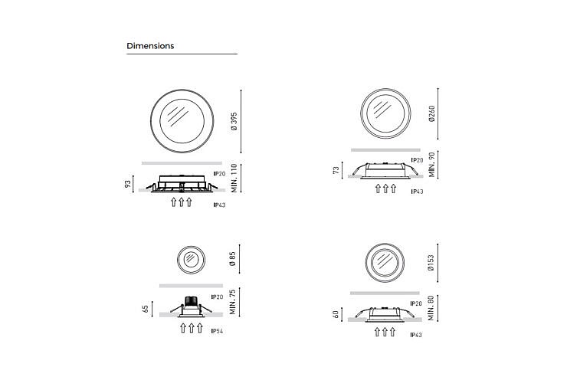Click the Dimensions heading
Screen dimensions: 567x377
click(x=150, y=46)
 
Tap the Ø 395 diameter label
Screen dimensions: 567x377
click(x=234, y=121)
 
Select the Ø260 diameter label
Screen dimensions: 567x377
click(x=431, y=113)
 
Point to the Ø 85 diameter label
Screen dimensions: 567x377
click(x=232, y=259)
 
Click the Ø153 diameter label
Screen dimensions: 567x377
click(x=431, y=263)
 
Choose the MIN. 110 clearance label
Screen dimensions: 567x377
click(x=234, y=179)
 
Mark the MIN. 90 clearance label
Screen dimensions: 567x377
click(x=431, y=165)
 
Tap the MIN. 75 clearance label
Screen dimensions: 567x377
click(x=232, y=302)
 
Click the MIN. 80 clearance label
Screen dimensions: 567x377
click(x=431, y=308)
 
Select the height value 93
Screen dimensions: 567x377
click(x=128, y=184)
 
